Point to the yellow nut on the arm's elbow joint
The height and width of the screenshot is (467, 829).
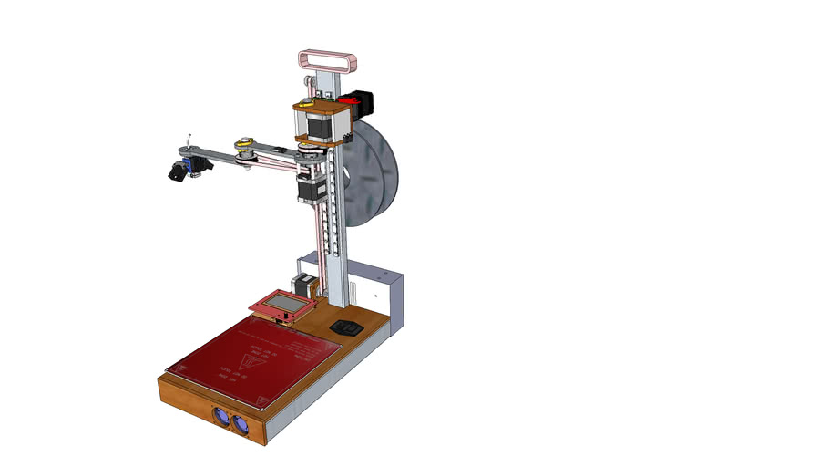(x=243, y=143)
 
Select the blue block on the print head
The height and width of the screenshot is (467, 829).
(x=192, y=164)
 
